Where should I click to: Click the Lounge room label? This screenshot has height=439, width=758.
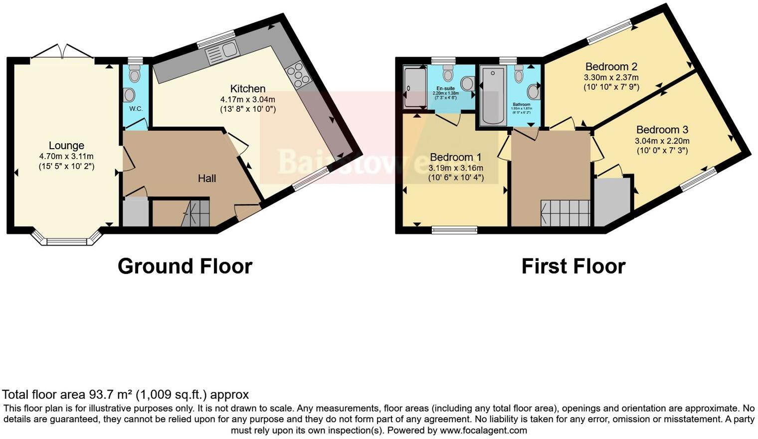[66, 146]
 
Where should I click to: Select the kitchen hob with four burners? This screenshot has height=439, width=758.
[298, 74]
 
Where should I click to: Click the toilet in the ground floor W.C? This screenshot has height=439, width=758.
[135, 75]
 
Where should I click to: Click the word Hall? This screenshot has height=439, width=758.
[207, 178]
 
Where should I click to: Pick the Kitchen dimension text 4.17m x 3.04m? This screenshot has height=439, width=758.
[248, 100]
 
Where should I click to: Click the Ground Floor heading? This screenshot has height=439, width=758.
[185, 266]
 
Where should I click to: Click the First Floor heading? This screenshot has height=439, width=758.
[573, 266]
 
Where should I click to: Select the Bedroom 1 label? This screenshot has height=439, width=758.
[456, 157]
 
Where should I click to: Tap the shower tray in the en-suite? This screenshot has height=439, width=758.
[415, 88]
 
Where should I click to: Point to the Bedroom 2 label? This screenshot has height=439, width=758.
[611, 66]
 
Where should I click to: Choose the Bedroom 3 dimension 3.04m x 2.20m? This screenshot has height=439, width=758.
[662, 141]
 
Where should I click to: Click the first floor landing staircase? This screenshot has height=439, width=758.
[566, 214]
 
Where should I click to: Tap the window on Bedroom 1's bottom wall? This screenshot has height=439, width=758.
[454, 230]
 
